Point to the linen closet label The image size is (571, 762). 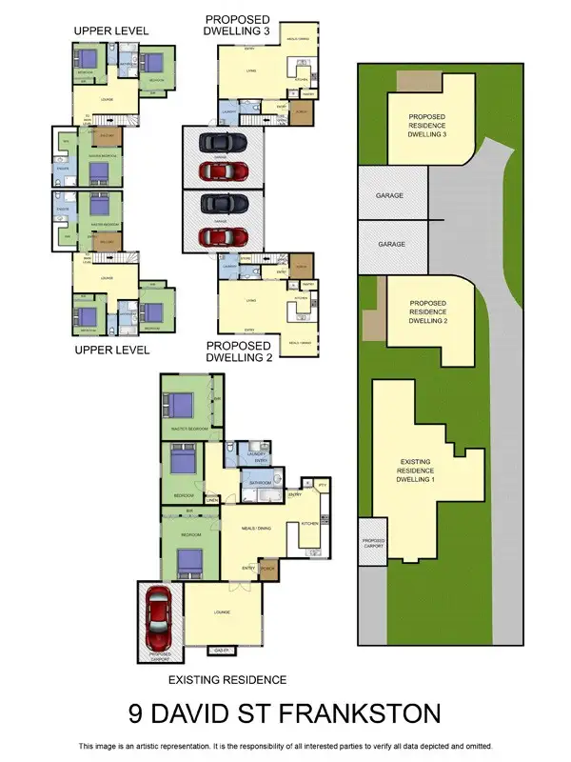pyautogui.click(x=211, y=497)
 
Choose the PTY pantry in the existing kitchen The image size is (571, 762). pyautogui.click(x=322, y=486)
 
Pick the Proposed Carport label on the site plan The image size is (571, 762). pyautogui.click(x=372, y=545)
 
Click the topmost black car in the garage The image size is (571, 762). pyautogui.click(x=223, y=143)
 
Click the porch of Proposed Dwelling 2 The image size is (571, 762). pyautogui.click(x=303, y=264)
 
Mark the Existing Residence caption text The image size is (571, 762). pyautogui.click(x=226, y=680)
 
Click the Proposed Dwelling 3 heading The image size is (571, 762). pyautogui.click(x=237, y=26)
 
